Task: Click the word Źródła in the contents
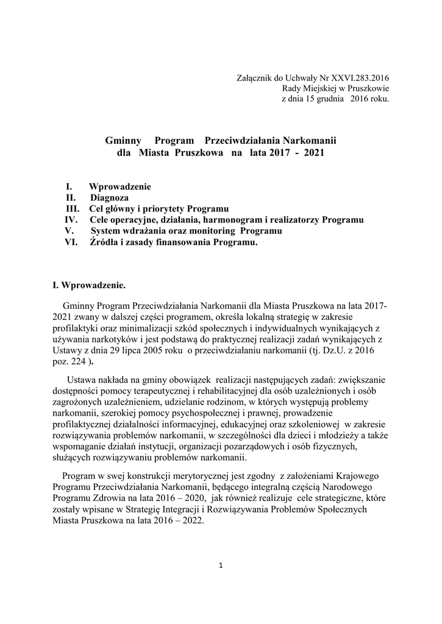(104, 243)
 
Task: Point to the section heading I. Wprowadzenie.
(90, 284)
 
